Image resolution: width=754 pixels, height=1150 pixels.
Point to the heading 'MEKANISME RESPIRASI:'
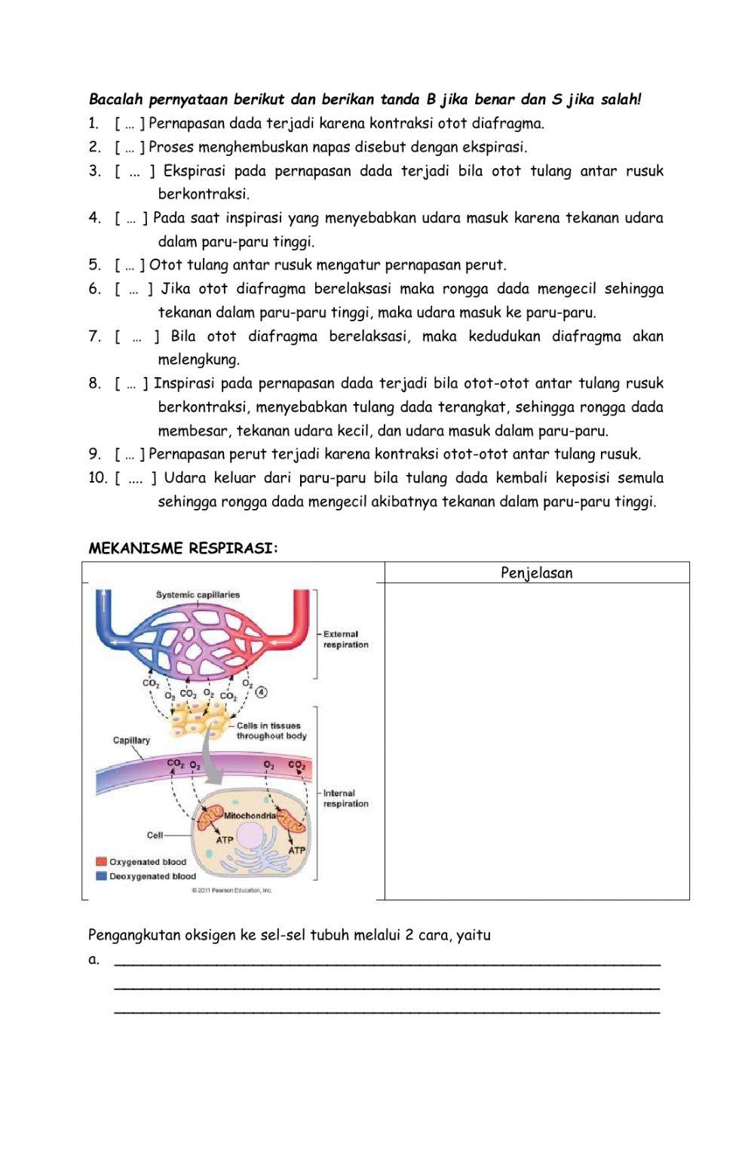[x=183, y=549]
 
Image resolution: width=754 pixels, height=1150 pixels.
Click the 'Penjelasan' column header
[x=537, y=573]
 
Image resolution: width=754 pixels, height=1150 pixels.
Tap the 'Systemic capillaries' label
[x=198, y=595]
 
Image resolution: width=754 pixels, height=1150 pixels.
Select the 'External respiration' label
[x=345, y=639]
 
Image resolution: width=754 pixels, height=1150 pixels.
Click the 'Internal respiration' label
[x=345, y=799]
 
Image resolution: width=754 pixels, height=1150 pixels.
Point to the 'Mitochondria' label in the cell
[x=250, y=816]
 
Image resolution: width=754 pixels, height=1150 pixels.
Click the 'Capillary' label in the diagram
[x=131, y=741]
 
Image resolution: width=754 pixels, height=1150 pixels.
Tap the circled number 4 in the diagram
[x=262, y=692]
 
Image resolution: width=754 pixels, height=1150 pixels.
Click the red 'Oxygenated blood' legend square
[x=101, y=862]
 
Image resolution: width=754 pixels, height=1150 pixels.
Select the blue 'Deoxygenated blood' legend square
[x=101, y=876]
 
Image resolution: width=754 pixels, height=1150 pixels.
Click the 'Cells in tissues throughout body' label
[x=271, y=731]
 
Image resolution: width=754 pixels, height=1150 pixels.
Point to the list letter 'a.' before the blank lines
[x=94, y=960]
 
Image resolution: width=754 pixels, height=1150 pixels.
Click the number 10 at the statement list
[x=98, y=478]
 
